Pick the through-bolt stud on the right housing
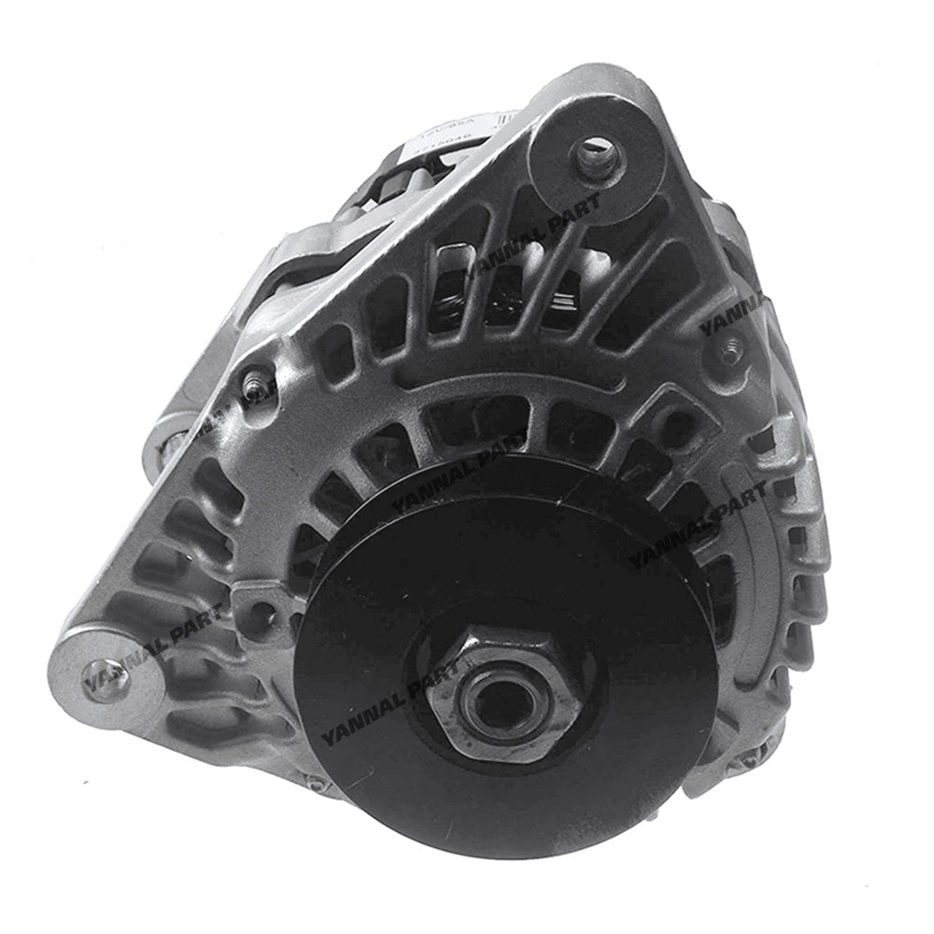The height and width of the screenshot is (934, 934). click(730, 352)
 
